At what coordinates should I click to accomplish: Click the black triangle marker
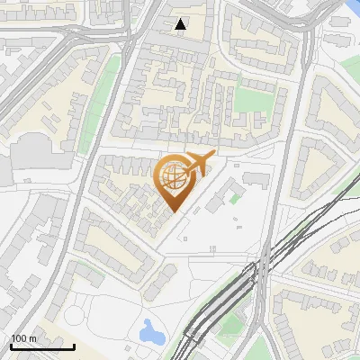click(x=181, y=24)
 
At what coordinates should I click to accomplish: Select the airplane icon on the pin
click(x=198, y=163)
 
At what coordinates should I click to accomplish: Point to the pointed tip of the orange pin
click(x=173, y=211)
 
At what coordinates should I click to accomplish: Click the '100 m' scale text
click(x=23, y=337)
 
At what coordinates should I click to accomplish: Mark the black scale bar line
click(x=41, y=346)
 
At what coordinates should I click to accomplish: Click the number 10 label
click(x=212, y=248)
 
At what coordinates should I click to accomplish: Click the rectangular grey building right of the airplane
click(x=256, y=177)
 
